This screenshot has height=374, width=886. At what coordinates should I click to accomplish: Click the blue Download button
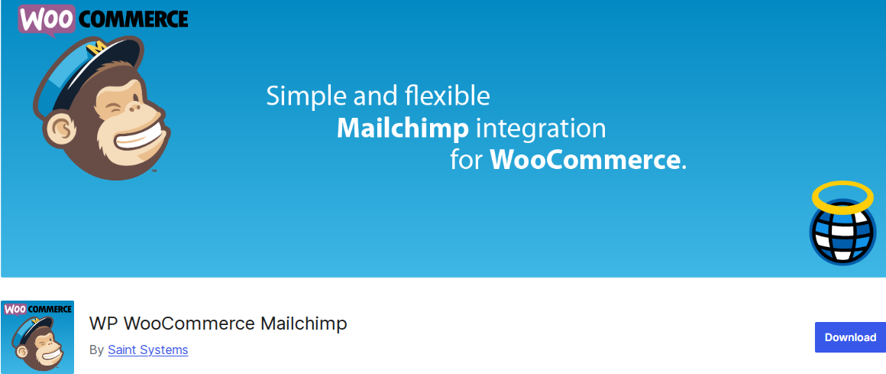click(850, 337)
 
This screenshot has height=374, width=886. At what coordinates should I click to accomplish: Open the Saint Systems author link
click(148, 350)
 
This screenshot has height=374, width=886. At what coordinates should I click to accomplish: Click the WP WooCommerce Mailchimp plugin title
click(218, 324)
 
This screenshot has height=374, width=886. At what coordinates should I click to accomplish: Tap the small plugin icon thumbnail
click(38, 337)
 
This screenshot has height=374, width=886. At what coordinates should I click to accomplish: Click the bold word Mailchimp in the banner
click(403, 129)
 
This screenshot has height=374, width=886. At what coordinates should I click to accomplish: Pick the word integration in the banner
click(541, 130)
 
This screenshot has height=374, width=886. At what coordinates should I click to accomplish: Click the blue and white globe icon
click(842, 232)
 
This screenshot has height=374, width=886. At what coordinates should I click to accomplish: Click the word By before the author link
click(97, 350)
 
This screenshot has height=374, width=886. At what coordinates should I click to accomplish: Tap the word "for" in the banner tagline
click(466, 161)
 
